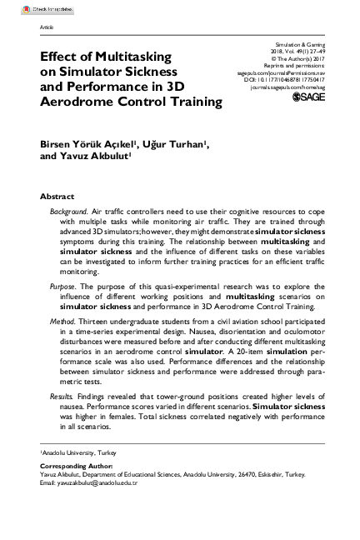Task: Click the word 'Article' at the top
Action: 47,27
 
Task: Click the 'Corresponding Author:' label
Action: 73,467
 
